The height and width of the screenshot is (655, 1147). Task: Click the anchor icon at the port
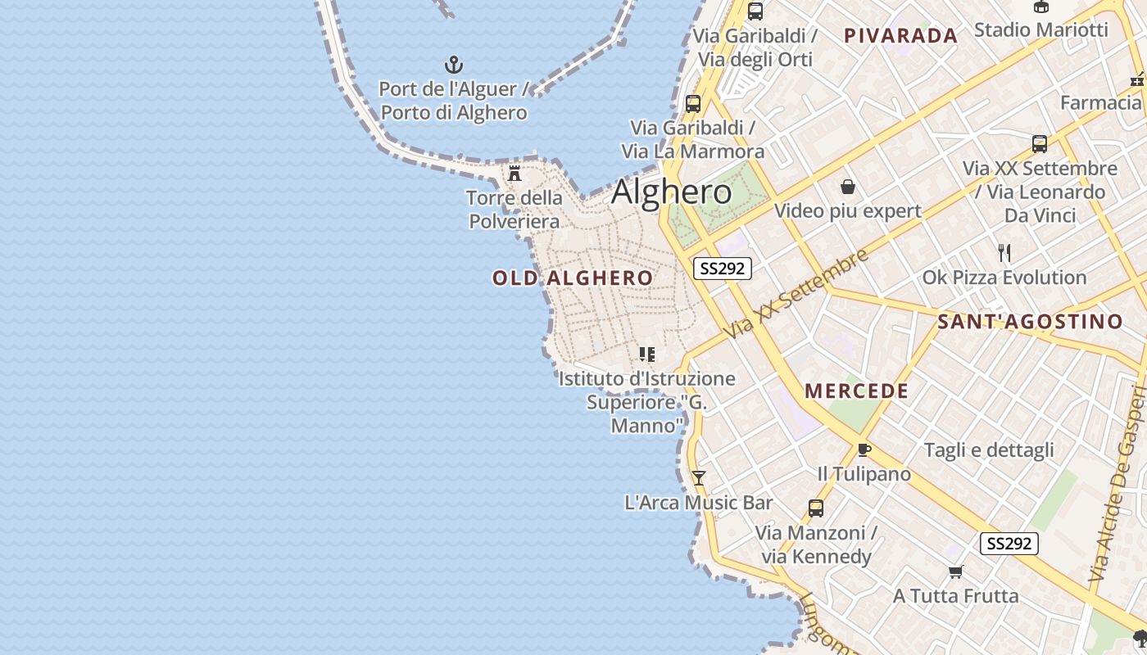(x=453, y=65)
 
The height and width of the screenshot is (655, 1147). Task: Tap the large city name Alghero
(x=672, y=192)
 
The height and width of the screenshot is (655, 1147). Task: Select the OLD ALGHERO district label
(x=573, y=278)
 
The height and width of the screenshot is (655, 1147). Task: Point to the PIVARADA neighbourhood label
(x=900, y=35)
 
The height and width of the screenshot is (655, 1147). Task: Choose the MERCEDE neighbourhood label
(x=856, y=391)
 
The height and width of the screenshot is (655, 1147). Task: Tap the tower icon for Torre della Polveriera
(x=515, y=174)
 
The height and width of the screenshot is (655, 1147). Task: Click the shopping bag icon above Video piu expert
(x=848, y=187)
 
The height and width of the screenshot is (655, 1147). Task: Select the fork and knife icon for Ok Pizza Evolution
(x=1004, y=252)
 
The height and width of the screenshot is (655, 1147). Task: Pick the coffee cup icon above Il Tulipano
(x=864, y=449)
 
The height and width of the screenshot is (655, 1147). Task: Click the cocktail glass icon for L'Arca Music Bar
(x=698, y=478)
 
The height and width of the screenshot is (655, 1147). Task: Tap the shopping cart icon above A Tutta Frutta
(x=955, y=571)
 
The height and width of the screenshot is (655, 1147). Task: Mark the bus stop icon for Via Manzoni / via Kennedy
(x=816, y=508)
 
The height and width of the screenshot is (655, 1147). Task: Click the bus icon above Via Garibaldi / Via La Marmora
(x=693, y=104)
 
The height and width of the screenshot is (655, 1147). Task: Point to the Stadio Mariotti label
(x=1040, y=30)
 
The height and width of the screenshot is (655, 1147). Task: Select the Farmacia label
(x=1100, y=103)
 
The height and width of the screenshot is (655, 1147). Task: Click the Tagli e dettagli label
(x=989, y=450)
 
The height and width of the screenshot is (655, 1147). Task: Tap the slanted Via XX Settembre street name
(x=796, y=295)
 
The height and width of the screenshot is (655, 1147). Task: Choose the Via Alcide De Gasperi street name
(x=1118, y=483)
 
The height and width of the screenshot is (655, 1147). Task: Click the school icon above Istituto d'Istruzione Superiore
(x=647, y=355)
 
